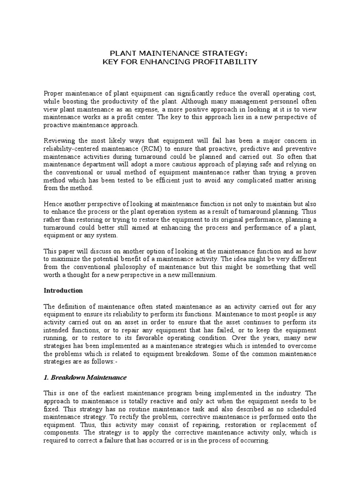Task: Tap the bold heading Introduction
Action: pyautogui.click(x=63, y=291)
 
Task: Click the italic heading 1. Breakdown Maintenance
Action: pyautogui.click(x=85, y=377)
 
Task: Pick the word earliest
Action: pyautogui.click(x=115, y=393)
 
